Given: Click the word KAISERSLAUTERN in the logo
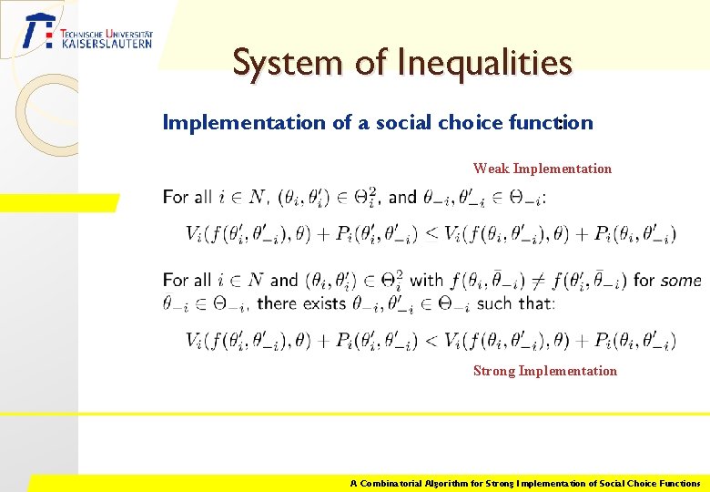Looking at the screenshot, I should [x=106, y=43].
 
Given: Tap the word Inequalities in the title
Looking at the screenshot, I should [x=485, y=63].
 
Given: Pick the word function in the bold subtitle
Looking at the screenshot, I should [x=555, y=122].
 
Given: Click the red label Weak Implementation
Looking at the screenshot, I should [x=543, y=169].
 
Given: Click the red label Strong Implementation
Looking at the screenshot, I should [x=545, y=371].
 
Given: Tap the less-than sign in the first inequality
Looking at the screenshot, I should [x=429, y=234].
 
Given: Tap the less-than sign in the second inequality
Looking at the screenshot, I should [x=429, y=341].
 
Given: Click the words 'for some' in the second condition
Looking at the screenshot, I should [x=666, y=281].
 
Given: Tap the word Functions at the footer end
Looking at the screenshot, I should [x=674, y=483].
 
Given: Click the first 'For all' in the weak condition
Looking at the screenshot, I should [x=187, y=197].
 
